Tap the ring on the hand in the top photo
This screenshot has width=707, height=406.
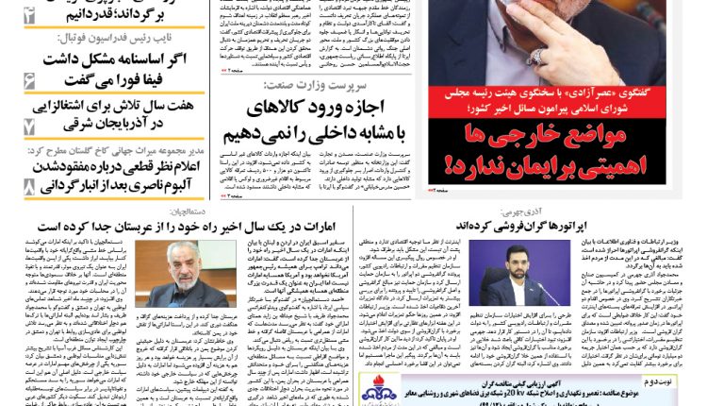(x=536, y=57)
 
